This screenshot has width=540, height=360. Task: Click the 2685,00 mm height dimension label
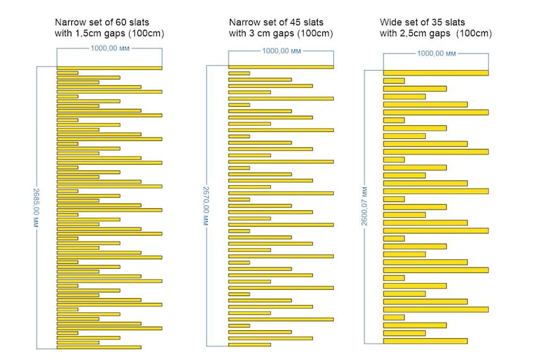click(x=36, y=208)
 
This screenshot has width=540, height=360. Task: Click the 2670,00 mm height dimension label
click(x=205, y=206)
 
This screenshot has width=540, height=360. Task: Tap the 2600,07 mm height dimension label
click(x=365, y=207)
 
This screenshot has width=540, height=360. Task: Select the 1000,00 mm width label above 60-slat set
click(x=110, y=48)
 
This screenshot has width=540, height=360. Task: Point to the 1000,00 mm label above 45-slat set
click(x=282, y=51)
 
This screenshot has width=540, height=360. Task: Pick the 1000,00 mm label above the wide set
click(x=437, y=53)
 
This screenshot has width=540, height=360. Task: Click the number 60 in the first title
click(x=120, y=22)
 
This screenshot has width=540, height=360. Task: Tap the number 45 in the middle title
click(x=294, y=22)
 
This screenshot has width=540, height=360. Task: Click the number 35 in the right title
click(x=437, y=22)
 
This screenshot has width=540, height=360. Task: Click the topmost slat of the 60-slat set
click(x=109, y=68)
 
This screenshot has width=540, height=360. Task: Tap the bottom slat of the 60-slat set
click(x=99, y=347)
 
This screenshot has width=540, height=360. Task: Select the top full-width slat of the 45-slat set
click(x=281, y=67)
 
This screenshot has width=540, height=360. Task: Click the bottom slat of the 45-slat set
click(x=250, y=344)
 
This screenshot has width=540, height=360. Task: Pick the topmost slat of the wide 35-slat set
click(x=436, y=73)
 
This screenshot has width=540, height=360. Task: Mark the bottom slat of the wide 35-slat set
click(x=425, y=341)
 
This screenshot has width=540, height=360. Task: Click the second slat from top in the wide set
click(x=394, y=81)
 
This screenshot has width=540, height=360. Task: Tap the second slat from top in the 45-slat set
click(x=239, y=73)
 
